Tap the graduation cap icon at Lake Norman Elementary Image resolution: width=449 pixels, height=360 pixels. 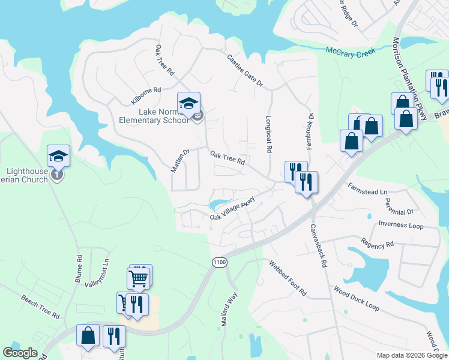pyautogui.click(x=188, y=103)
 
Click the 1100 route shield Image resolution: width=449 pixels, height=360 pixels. pyautogui.click(x=220, y=262)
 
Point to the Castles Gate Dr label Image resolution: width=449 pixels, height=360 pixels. pyautogui.click(x=245, y=71)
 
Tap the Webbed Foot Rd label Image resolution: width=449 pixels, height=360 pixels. pyautogui.click(x=288, y=278)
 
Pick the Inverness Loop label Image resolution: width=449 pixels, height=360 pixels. pyautogui.click(x=401, y=225)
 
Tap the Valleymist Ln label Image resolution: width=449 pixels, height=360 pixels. pyautogui.click(x=97, y=273)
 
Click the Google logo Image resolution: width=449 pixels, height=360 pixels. pyautogui.click(x=20, y=353)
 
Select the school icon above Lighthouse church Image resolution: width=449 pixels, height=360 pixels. pyautogui.click(x=58, y=156)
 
